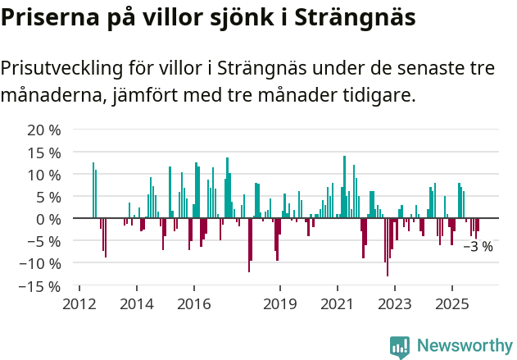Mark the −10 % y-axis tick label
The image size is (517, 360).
(39, 263)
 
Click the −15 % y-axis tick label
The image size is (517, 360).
(39, 286)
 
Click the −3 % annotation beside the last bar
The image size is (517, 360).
(478, 246)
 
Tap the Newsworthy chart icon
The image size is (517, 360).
(400, 346)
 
